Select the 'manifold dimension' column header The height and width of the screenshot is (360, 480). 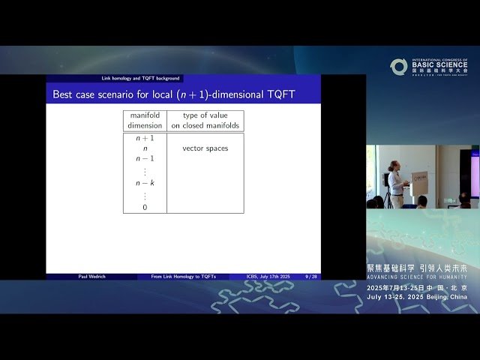(x=145, y=121)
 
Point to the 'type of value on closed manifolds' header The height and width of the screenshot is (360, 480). (x=205, y=121)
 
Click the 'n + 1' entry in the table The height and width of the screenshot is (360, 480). (x=145, y=139)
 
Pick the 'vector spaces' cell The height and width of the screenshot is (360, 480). (x=205, y=148)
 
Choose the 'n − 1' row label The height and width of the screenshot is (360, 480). (x=145, y=158)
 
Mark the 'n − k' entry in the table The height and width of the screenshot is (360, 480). (x=145, y=182)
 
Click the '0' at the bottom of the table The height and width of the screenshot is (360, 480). (x=145, y=206)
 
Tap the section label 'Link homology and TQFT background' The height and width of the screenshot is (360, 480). (x=141, y=79)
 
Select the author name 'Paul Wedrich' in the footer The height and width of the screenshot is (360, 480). (x=91, y=277)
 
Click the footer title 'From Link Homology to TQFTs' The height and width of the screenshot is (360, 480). (x=183, y=277)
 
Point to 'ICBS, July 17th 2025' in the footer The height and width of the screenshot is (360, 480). (x=268, y=277)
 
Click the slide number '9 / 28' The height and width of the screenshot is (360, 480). (x=310, y=277)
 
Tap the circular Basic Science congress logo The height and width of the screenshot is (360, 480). (x=398, y=67)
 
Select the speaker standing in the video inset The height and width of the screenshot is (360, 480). (x=395, y=183)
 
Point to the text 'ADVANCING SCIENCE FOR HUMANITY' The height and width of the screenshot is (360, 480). (x=416, y=277)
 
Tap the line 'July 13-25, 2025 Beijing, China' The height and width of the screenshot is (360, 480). (x=416, y=297)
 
